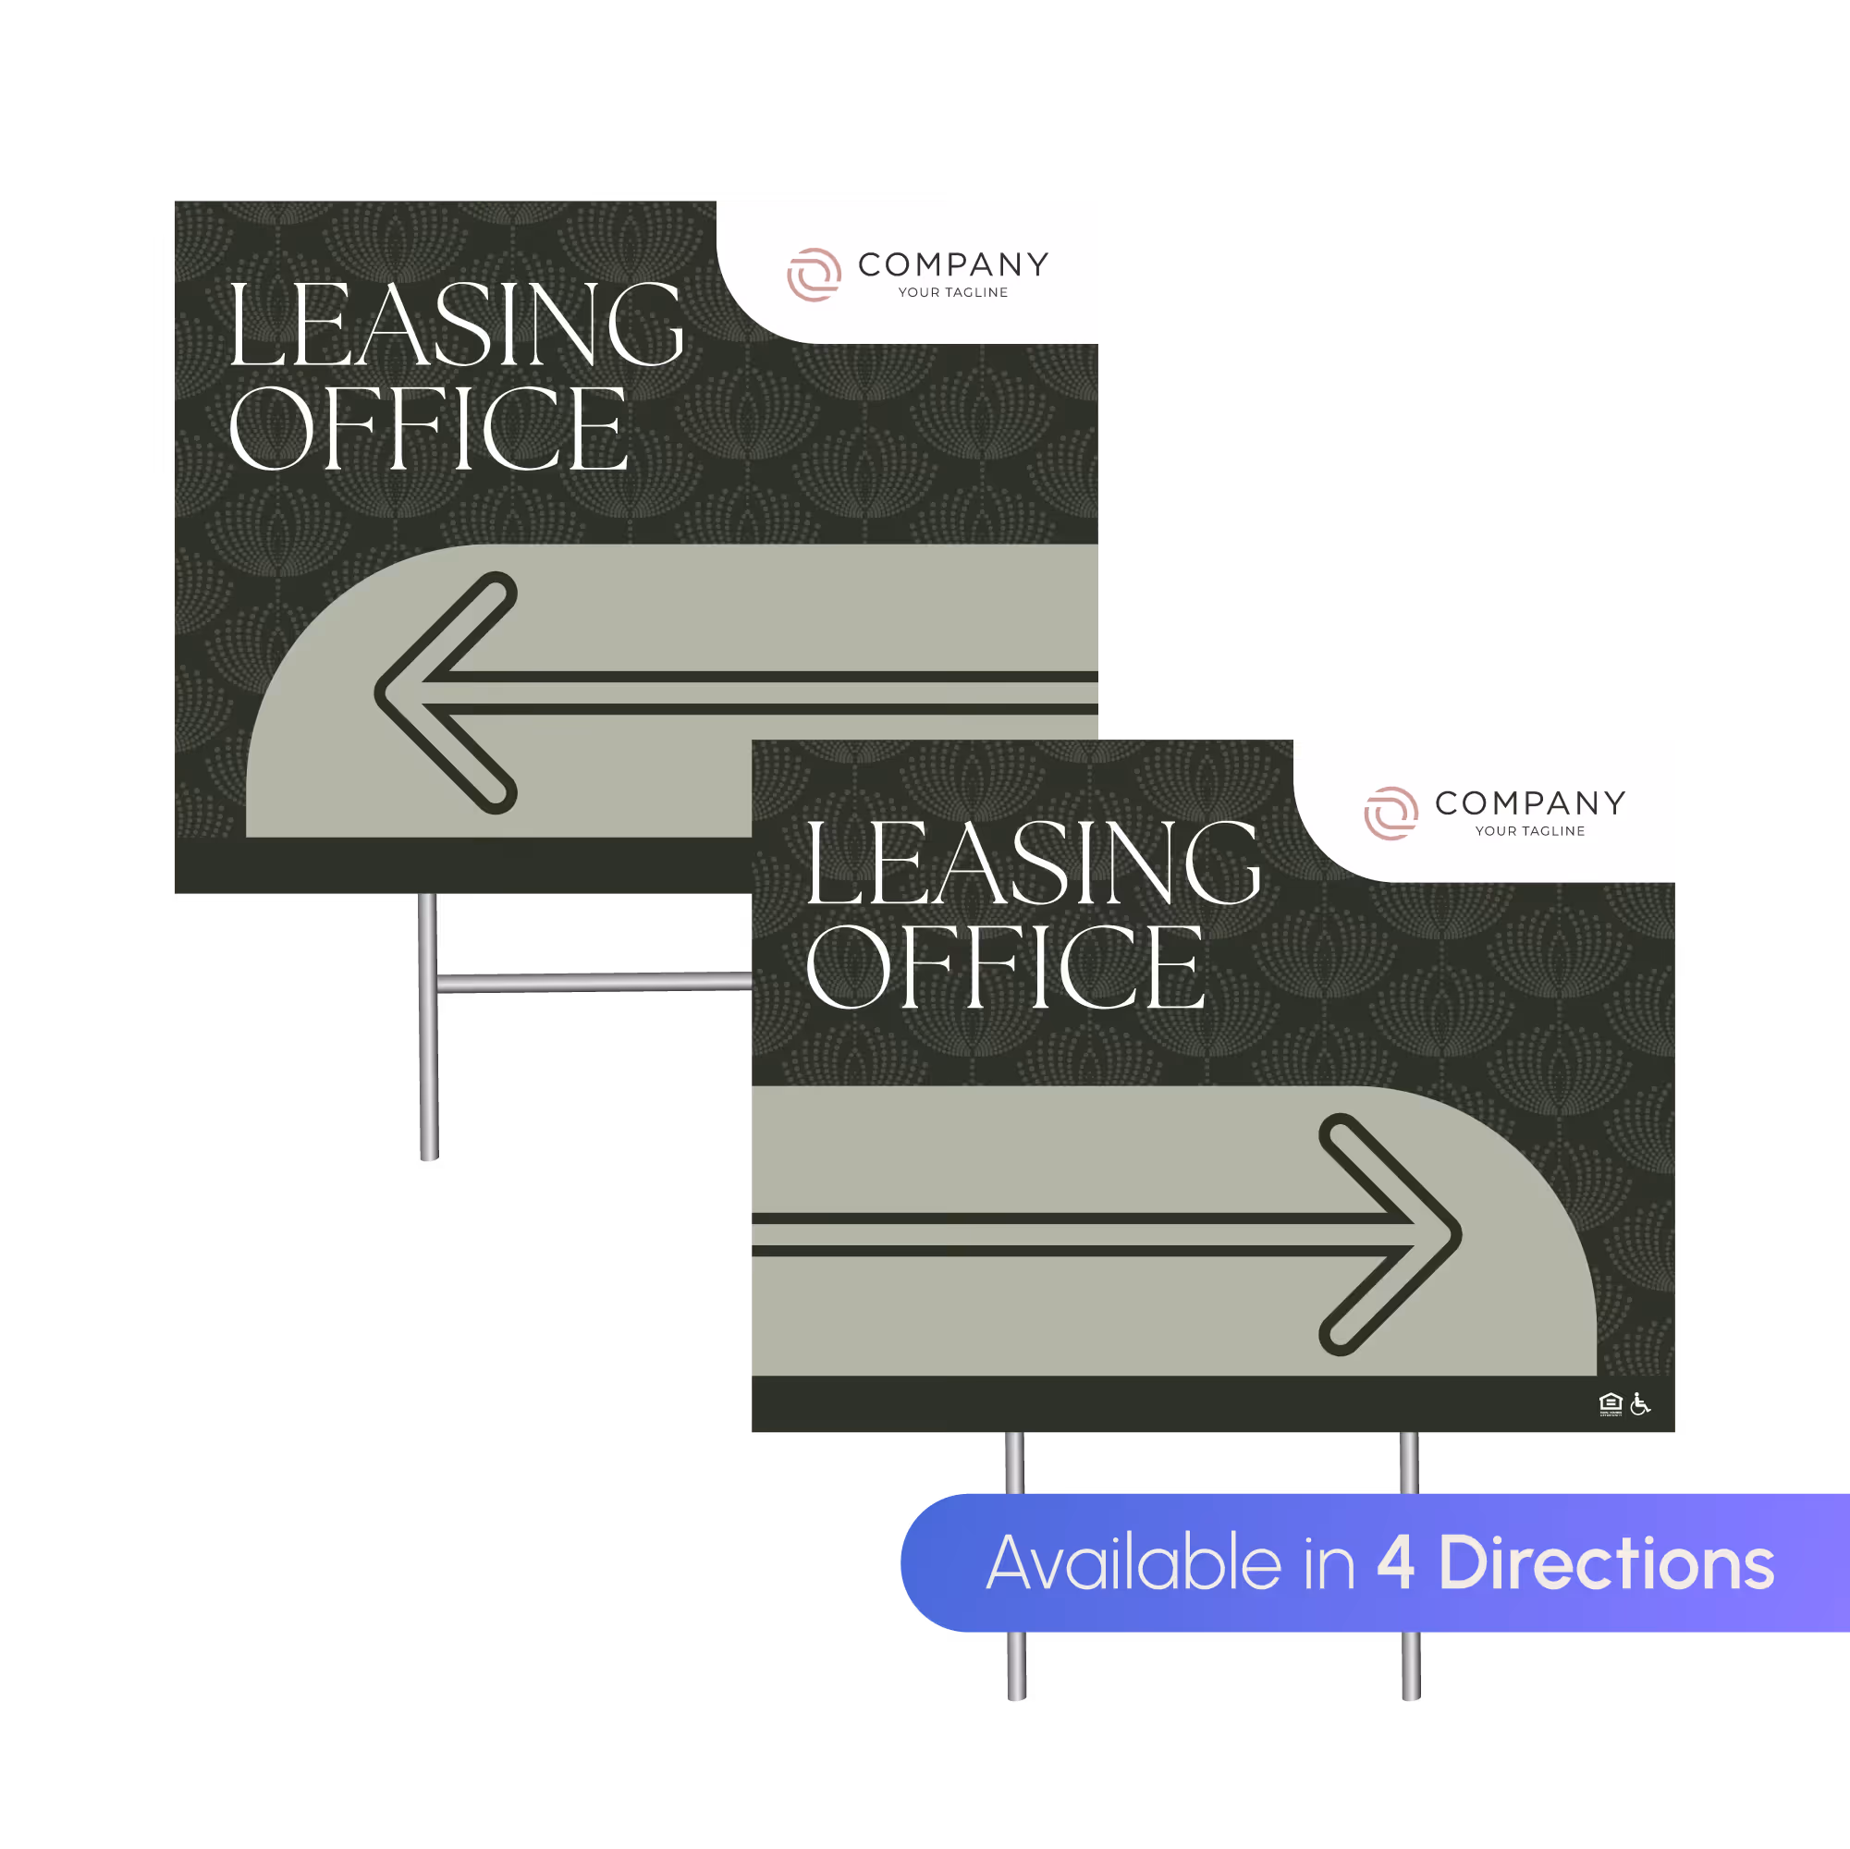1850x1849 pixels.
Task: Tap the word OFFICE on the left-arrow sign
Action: pos(428,429)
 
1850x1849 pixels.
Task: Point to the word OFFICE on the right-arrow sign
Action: pos(1004,967)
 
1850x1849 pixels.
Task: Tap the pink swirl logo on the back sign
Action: pos(814,275)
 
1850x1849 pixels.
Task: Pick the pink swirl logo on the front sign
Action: pos(1391,813)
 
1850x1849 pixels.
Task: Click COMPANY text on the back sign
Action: pos(953,264)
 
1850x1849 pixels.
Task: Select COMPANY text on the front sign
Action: pos(1529,802)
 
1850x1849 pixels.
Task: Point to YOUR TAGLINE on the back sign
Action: pos(953,293)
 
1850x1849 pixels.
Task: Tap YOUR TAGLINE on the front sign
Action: pos(1529,831)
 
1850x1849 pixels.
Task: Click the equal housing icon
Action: pos(1611,1403)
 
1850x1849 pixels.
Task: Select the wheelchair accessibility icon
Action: pos(1640,1403)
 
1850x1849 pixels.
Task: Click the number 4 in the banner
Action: pos(1395,1563)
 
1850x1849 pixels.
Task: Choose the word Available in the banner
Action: pos(1133,1563)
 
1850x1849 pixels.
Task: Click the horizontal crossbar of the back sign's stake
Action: pos(594,983)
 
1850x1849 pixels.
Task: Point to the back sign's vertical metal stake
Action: pos(428,1063)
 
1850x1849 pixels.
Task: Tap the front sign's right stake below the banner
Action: pos(1410,1666)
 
